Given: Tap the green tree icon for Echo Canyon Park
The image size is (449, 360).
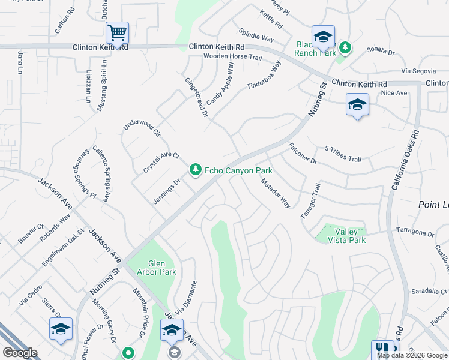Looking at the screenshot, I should click(x=195, y=170).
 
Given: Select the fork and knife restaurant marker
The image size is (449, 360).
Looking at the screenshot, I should click(x=382, y=348).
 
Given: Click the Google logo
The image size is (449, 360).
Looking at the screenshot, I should click(x=20, y=353).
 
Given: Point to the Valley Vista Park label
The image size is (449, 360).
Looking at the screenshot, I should click(x=347, y=236).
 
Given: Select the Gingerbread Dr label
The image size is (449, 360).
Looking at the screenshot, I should click(x=196, y=97).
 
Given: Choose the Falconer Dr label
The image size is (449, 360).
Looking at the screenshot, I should click(x=303, y=153).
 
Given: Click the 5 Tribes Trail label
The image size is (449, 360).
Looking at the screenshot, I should click(x=343, y=154).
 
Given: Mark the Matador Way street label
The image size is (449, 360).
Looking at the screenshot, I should click(x=276, y=193).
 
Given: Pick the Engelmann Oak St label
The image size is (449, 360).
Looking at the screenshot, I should click(x=62, y=248).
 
